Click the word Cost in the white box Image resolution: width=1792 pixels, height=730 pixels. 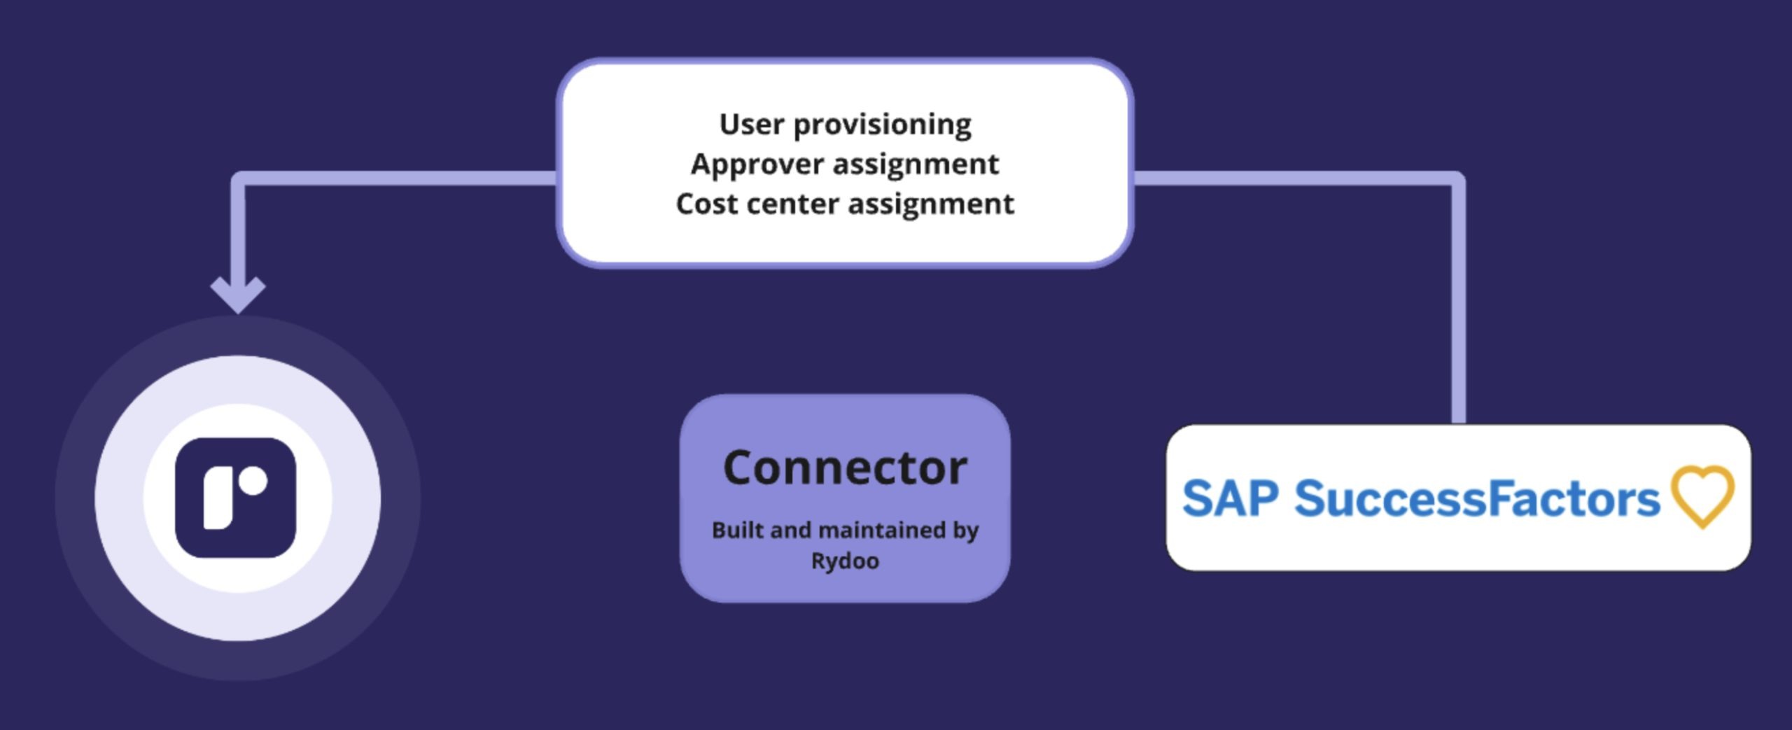pyautogui.click(x=706, y=204)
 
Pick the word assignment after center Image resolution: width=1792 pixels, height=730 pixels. pyautogui.click(x=931, y=204)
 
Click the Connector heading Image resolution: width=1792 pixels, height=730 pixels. pyautogui.click(x=845, y=468)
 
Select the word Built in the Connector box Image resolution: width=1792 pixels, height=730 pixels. pyautogui.click(x=737, y=530)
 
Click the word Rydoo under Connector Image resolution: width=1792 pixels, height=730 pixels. pyautogui.click(x=845, y=561)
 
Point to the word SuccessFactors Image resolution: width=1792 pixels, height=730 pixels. pyautogui.click(x=1477, y=498)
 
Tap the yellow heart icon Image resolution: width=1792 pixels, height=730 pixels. pyautogui.click(x=1703, y=496)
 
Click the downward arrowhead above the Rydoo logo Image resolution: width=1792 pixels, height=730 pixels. pyautogui.click(x=238, y=293)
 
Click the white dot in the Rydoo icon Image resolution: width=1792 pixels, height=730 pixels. pyautogui.click(x=253, y=482)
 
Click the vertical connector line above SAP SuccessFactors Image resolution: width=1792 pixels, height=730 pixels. pyautogui.click(x=1459, y=301)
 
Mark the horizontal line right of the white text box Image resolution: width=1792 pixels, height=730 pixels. pyautogui.click(x=1295, y=178)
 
